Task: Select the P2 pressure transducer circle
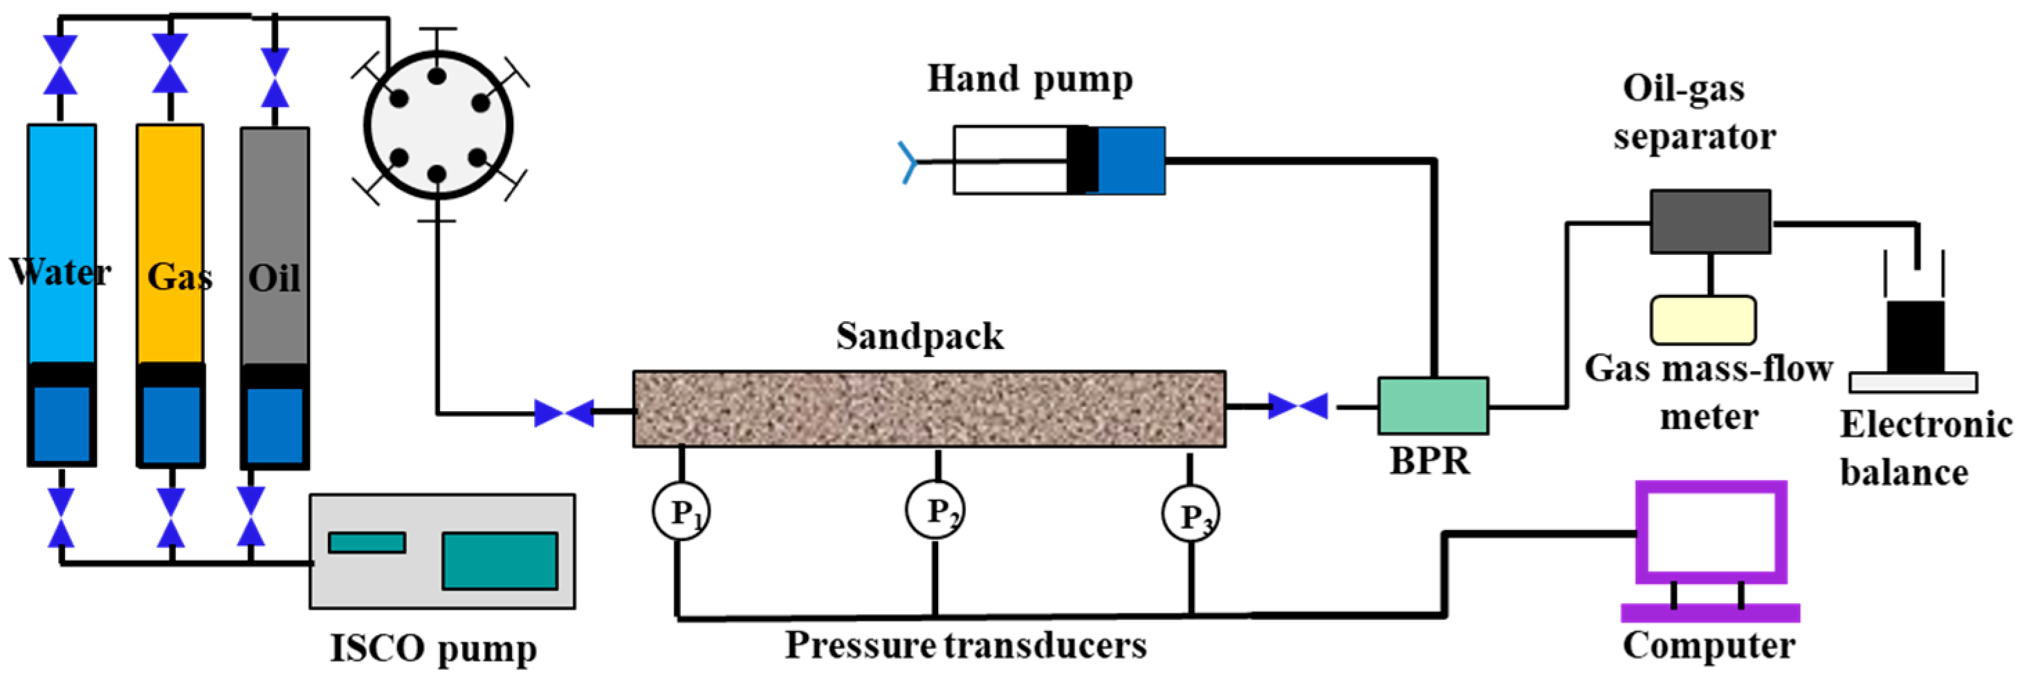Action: [x=935, y=509]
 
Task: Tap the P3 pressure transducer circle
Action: [x=1190, y=514]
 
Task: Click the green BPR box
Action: [x=1433, y=406]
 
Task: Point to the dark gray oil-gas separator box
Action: [x=1709, y=222]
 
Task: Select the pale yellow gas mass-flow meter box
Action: [x=1703, y=320]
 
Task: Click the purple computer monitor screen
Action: [x=1710, y=532]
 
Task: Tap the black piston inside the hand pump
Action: [x=1081, y=160]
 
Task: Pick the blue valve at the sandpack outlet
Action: [x=1298, y=406]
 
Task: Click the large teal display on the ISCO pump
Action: [x=499, y=560]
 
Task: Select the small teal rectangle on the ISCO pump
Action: [x=367, y=542]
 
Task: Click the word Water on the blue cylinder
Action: [x=60, y=272]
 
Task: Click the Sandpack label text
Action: [x=919, y=336]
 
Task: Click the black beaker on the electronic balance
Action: [x=1915, y=337]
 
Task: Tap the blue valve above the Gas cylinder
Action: [x=170, y=64]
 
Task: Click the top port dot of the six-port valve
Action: [x=437, y=76]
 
